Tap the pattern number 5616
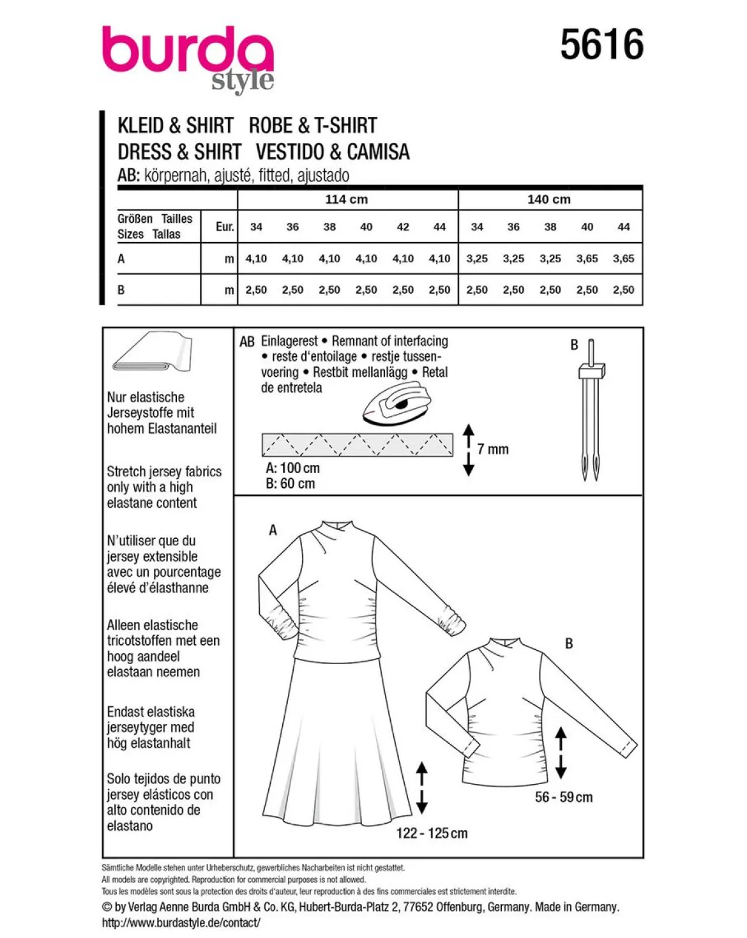point(601,45)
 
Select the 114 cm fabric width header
point(347,200)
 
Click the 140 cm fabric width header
point(549,200)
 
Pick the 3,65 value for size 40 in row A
point(587,259)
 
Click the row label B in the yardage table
point(121,290)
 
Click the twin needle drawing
point(591,410)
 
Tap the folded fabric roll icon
point(153,351)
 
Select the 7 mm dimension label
point(493,449)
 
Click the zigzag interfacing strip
point(358,444)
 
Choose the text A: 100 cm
point(293,468)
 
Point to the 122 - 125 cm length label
point(432,833)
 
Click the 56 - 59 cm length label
point(564,798)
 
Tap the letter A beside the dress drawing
point(273,530)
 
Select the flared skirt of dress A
point(337,745)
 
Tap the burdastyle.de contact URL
point(181,922)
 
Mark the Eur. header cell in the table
point(225,227)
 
